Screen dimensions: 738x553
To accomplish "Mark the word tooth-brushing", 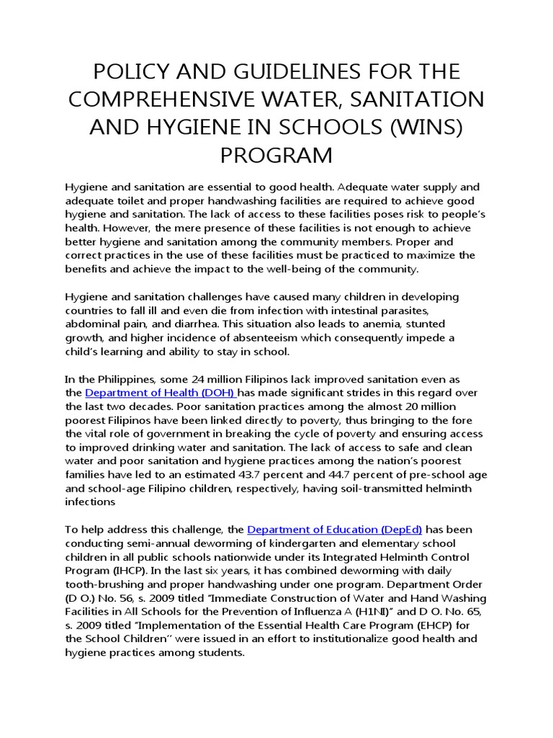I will [99, 584].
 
